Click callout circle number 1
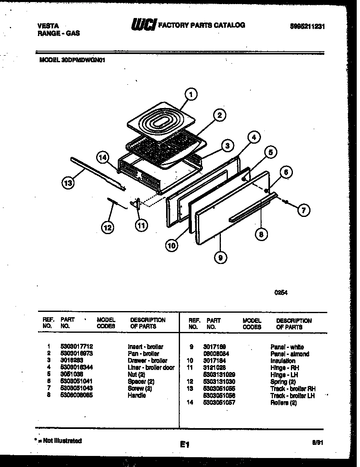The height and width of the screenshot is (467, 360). tap(191, 95)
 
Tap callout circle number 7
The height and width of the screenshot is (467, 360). tap(303, 210)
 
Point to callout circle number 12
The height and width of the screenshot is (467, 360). tap(108, 228)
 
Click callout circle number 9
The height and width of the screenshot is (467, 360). tap(220, 257)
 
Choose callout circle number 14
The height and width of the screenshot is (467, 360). tap(103, 157)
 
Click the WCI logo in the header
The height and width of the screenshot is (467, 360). tap(143, 26)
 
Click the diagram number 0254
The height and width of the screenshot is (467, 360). tap(281, 293)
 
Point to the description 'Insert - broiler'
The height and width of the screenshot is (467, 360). tap(145, 347)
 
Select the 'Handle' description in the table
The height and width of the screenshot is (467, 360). tap(137, 395)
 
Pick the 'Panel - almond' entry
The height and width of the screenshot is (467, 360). tap(290, 354)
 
